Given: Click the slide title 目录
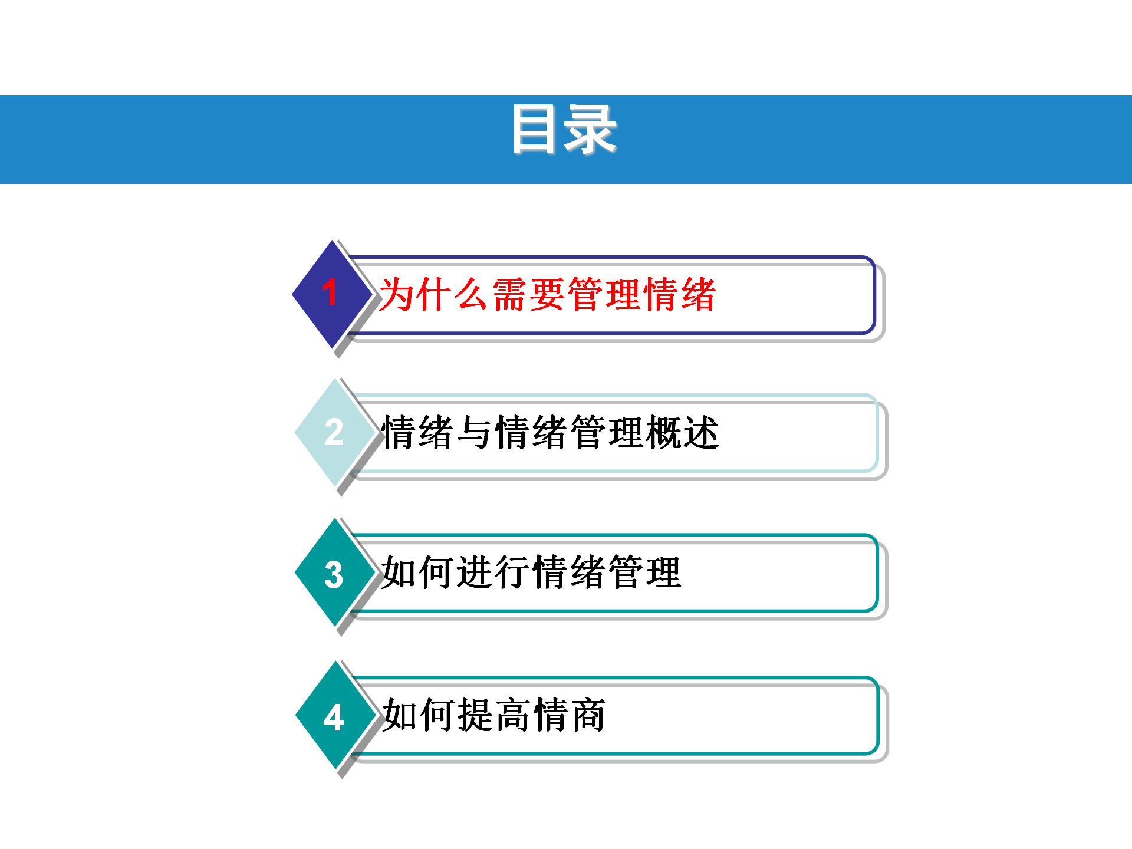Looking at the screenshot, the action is (564, 129).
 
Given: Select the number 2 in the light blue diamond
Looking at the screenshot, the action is (334, 432).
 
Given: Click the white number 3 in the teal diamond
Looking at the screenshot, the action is (334, 575).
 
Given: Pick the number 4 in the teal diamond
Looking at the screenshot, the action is (334, 718).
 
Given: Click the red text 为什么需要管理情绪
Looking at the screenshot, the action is (547, 294).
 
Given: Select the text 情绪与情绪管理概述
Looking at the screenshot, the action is (550, 432).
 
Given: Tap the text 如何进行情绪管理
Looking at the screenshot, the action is (531, 572).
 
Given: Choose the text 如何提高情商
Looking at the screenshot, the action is (493, 715).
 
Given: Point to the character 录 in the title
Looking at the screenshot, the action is (590, 129).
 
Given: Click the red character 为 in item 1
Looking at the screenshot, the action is (397, 294).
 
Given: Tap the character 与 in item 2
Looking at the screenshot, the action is (476, 432).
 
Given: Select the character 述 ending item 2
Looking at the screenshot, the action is (701, 432).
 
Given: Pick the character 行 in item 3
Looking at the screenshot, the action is (513, 572).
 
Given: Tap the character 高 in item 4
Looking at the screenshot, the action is (513, 715).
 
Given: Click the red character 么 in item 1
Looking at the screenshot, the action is (472, 294).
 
